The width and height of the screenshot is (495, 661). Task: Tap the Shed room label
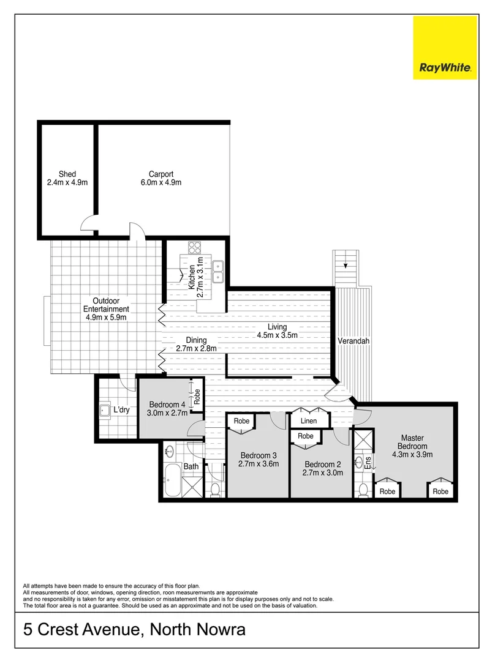(67, 174)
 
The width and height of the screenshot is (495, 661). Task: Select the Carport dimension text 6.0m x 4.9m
(161, 182)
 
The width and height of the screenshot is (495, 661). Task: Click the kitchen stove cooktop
(195, 248)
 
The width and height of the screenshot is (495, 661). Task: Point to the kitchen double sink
(218, 272)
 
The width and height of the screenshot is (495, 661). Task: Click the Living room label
(277, 327)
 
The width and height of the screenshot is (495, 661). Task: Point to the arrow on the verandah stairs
(347, 266)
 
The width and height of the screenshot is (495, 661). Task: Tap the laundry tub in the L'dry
(105, 411)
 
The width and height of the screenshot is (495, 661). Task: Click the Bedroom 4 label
(167, 405)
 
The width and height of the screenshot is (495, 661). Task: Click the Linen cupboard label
(309, 421)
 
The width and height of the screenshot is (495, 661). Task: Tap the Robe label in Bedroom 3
(241, 421)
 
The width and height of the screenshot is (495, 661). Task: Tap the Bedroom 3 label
(259, 455)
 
